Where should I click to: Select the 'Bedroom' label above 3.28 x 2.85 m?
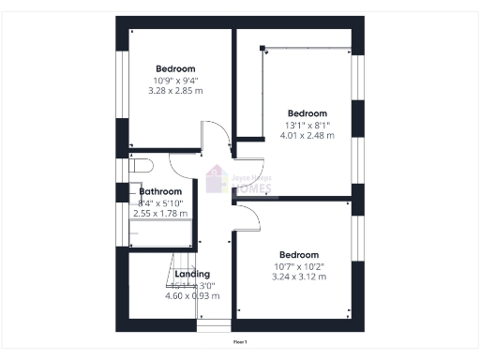pyautogui.click(x=175, y=68)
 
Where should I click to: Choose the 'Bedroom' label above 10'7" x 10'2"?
pyautogui.click(x=299, y=254)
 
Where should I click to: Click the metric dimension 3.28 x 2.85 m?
pyautogui.click(x=175, y=91)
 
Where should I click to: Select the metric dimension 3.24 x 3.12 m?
pyautogui.click(x=299, y=277)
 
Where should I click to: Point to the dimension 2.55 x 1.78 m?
pyautogui.click(x=160, y=214)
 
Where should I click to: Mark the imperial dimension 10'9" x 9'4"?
pyautogui.click(x=175, y=80)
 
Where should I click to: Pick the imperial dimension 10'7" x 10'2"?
pyautogui.click(x=299, y=265)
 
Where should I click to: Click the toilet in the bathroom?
pyautogui.click(x=141, y=167)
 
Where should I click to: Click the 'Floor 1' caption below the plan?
pyautogui.click(x=240, y=342)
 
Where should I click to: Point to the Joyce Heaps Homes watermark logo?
pyautogui.click(x=240, y=181)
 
